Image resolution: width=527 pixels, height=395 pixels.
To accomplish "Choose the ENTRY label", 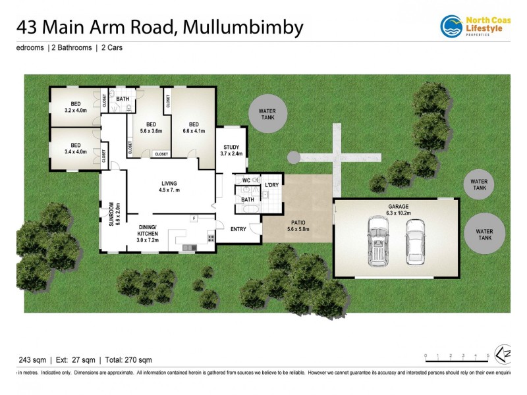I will point(238,229).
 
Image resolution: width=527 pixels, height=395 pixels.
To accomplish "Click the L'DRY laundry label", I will point(271,185).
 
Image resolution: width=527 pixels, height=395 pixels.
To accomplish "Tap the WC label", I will point(246,180).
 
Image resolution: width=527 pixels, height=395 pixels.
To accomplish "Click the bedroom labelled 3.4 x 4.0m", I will point(75,149).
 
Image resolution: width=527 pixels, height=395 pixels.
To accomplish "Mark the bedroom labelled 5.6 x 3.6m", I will point(151,128).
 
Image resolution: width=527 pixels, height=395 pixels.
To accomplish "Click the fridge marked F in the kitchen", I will point(194,218).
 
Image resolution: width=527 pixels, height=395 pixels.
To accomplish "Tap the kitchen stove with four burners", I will point(211,238).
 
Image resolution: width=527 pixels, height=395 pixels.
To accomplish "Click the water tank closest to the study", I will point(267,115).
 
